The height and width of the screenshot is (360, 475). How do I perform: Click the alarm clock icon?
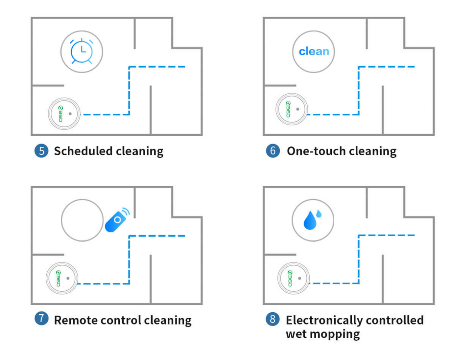pyautogui.click(x=82, y=51)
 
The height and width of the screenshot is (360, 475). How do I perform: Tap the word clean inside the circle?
pyautogui.click(x=314, y=51)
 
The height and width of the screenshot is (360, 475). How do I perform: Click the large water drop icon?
pyautogui.click(x=310, y=220)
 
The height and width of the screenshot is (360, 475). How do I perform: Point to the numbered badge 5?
pyautogui.click(x=41, y=151)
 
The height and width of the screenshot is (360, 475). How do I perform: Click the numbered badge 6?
pyautogui.click(x=273, y=151)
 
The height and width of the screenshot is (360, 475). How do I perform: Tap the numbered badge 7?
pyautogui.click(x=41, y=319)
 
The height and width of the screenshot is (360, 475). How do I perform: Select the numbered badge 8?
pyautogui.click(x=273, y=319)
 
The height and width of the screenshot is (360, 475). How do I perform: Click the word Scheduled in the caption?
pyautogui.click(x=83, y=151)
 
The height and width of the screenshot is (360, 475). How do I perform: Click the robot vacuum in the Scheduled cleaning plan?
pyautogui.click(x=64, y=114)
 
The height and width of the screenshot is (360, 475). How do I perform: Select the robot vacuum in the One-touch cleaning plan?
pyautogui.click(x=292, y=109)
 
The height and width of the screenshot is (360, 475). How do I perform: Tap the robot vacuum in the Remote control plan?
pyautogui.click(x=62, y=278)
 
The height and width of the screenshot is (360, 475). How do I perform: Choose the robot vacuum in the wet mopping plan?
pyautogui.click(x=294, y=278)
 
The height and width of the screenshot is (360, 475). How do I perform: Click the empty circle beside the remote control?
pyautogui.click(x=82, y=220)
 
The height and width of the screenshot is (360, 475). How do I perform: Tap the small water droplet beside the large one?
pyautogui.click(x=319, y=214)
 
